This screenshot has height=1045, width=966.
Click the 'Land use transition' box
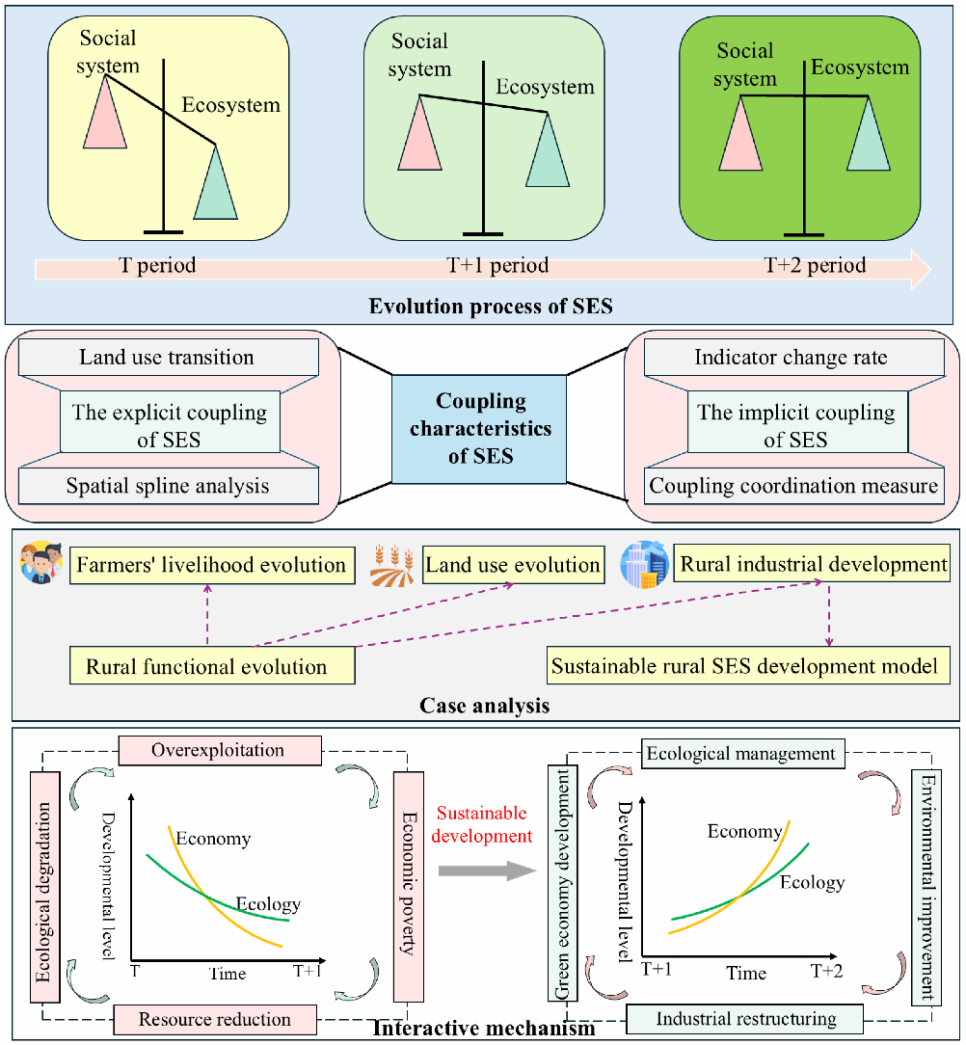[167, 358]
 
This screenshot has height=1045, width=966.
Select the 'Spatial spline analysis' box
[167, 485]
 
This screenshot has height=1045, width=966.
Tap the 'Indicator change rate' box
[791, 358]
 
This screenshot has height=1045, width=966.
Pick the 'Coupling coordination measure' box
[792, 485]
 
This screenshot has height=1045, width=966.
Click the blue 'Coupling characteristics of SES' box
[479, 428]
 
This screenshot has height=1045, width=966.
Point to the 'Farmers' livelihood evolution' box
[211, 565]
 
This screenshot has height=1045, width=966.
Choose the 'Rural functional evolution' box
[207, 666]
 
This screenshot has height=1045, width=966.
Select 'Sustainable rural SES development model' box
[743, 665]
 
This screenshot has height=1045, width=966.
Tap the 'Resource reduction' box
[215, 1019]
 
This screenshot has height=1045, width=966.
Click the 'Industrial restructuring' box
[745, 1019]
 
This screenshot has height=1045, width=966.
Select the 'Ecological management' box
[741, 753]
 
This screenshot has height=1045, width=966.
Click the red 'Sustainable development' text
[481, 825]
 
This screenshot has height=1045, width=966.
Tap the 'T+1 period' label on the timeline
[497, 265]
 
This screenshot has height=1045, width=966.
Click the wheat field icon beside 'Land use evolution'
[393, 567]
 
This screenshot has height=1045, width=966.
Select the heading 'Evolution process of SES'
[492, 308]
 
